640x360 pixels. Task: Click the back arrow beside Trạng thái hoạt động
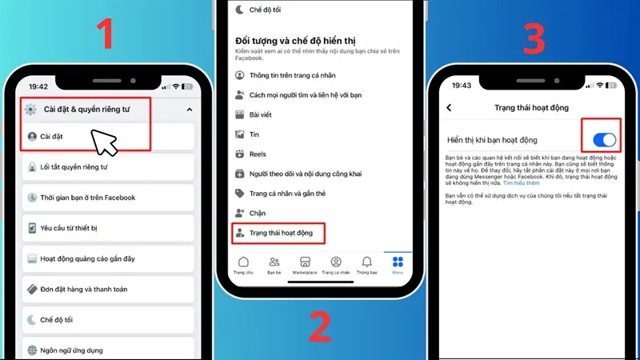(449, 107)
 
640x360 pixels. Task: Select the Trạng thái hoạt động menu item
(280, 234)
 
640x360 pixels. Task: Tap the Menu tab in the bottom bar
(398, 265)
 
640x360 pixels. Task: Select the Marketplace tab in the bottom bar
(304, 265)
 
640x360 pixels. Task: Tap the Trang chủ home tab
(243, 265)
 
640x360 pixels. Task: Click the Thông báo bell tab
(367, 265)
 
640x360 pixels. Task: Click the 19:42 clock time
(38, 86)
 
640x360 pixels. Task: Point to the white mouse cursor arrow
(102, 141)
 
